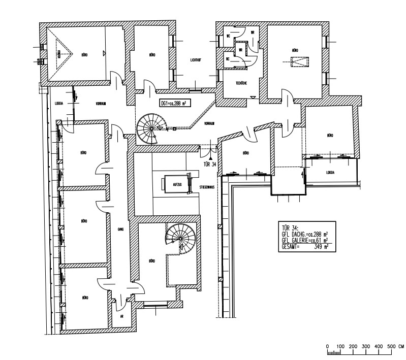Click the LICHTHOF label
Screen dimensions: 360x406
[x=196, y=59]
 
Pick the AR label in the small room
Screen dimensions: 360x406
[x=122, y=316]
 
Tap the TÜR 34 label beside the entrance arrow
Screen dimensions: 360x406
[x=209, y=164]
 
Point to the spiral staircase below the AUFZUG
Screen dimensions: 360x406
[x=180, y=238]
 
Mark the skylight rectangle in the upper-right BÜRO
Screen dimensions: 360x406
[x=298, y=62]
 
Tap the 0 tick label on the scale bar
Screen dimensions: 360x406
[x=328, y=346]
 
